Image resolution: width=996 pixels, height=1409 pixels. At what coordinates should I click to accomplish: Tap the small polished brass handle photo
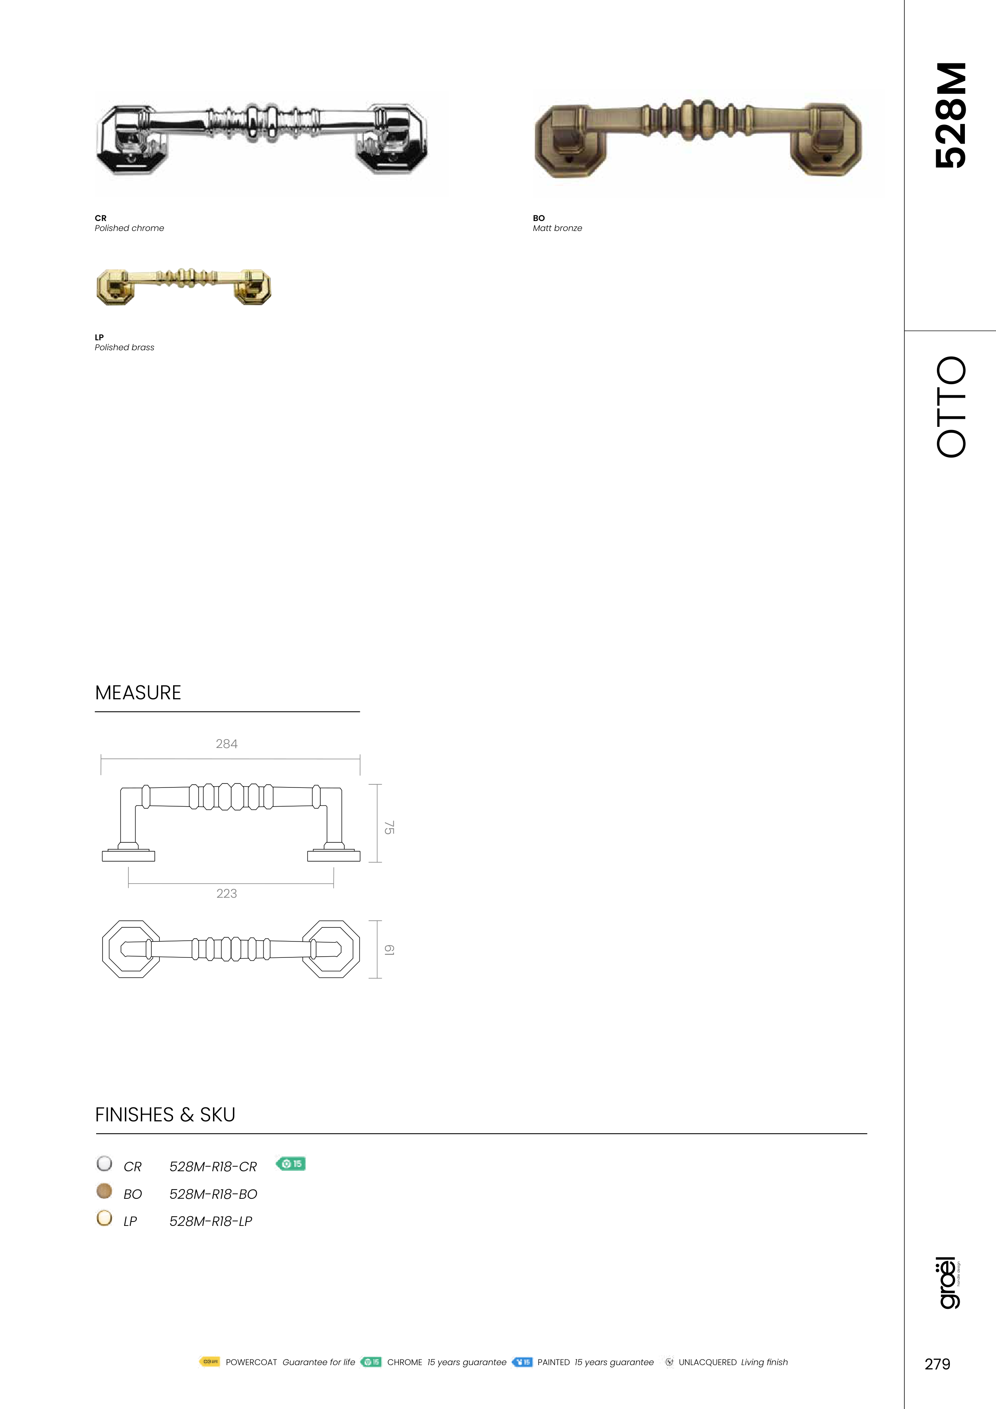point(183,286)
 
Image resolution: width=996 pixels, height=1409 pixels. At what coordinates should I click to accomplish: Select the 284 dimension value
point(227,744)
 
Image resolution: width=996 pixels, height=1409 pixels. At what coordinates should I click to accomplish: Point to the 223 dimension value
point(227,894)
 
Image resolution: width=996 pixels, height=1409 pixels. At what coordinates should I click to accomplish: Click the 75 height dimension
point(389,827)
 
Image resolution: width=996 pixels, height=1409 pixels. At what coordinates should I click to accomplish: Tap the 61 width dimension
point(389,949)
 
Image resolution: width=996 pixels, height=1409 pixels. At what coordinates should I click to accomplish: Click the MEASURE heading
point(138,693)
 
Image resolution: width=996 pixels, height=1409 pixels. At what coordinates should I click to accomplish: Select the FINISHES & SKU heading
point(165,1115)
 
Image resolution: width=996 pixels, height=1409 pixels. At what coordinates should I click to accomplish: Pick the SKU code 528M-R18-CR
point(213,1166)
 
